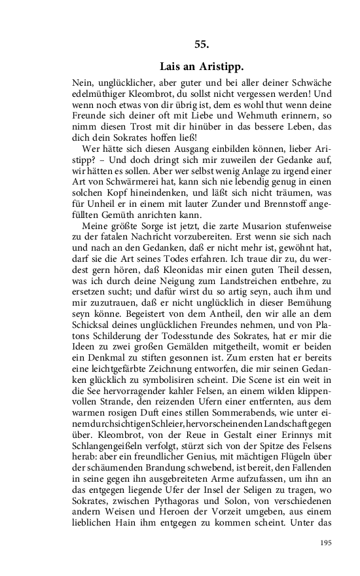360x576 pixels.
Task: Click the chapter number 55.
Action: (x=202, y=45)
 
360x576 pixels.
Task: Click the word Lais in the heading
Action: (x=171, y=67)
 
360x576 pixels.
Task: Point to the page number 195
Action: (x=325, y=543)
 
